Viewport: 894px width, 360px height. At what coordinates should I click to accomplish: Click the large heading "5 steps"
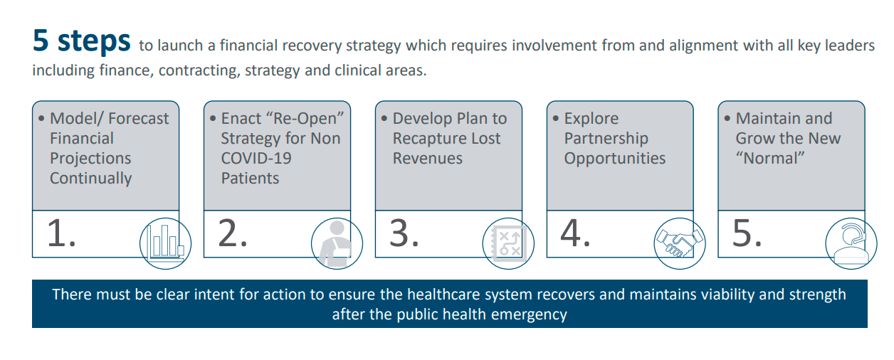(x=81, y=41)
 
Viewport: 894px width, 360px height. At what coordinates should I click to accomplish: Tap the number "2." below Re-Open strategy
(x=233, y=234)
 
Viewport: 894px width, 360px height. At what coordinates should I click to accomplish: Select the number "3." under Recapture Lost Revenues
(x=404, y=234)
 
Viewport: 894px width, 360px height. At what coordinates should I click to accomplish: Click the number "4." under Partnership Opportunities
(x=576, y=234)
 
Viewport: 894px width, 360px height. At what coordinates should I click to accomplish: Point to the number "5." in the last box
(x=747, y=234)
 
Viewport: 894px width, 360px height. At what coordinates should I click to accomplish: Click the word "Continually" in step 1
(x=90, y=179)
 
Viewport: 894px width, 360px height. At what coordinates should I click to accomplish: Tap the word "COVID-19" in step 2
(x=256, y=158)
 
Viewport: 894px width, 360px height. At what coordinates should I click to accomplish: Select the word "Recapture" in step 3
(x=428, y=139)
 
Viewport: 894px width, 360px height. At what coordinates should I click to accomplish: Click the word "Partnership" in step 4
(x=606, y=139)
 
